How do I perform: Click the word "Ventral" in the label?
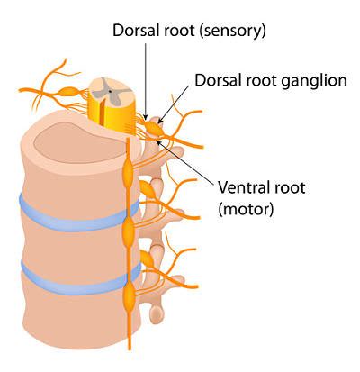coord(241,187)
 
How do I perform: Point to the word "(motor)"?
coord(246,208)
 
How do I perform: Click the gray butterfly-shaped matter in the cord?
coord(110,91)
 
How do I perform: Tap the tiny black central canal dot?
coord(111,91)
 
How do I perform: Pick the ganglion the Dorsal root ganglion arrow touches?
coord(154,128)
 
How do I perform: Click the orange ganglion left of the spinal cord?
coord(69,92)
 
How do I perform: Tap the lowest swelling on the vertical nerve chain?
coord(130,295)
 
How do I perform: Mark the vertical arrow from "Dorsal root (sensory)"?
coord(146,81)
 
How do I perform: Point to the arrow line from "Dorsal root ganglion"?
coord(175,104)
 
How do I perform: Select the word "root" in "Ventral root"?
coord(288,188)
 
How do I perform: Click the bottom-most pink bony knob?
coord(157,313)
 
